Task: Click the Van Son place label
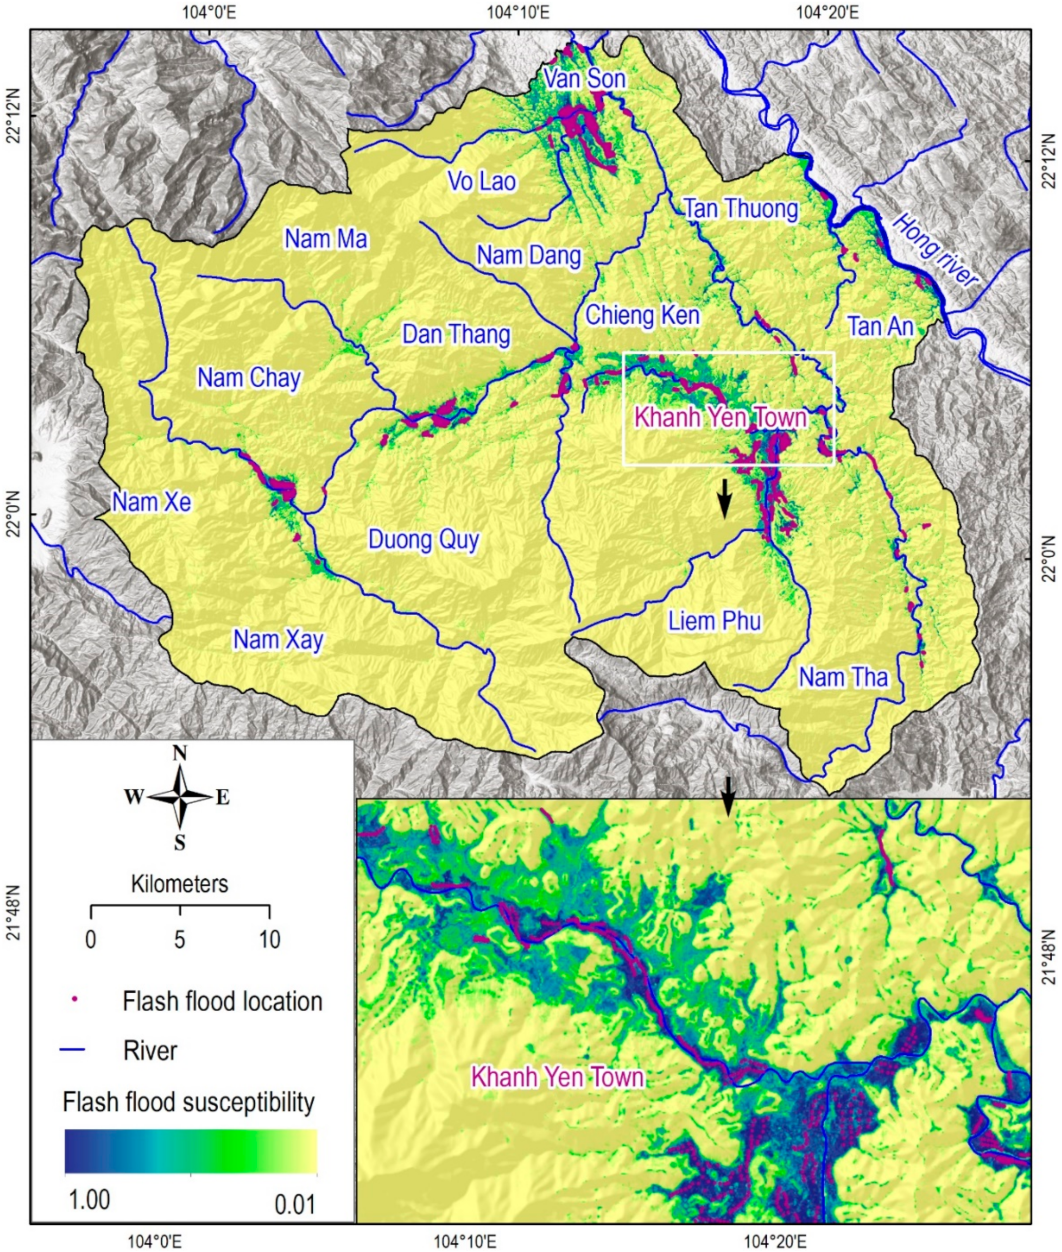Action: coord(584,79)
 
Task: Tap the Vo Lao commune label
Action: coord(482,181)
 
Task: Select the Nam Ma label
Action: coord(326,240)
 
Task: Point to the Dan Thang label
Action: coord(456,335)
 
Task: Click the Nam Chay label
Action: coord(249,378)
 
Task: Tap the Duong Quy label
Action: coord(423,540)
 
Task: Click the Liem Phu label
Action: coord(715,621)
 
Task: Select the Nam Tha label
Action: coord(843,678)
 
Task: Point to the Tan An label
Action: coord(881,327)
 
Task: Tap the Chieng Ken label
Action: coord(642,315)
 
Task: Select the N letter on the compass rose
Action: coord(179,753)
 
